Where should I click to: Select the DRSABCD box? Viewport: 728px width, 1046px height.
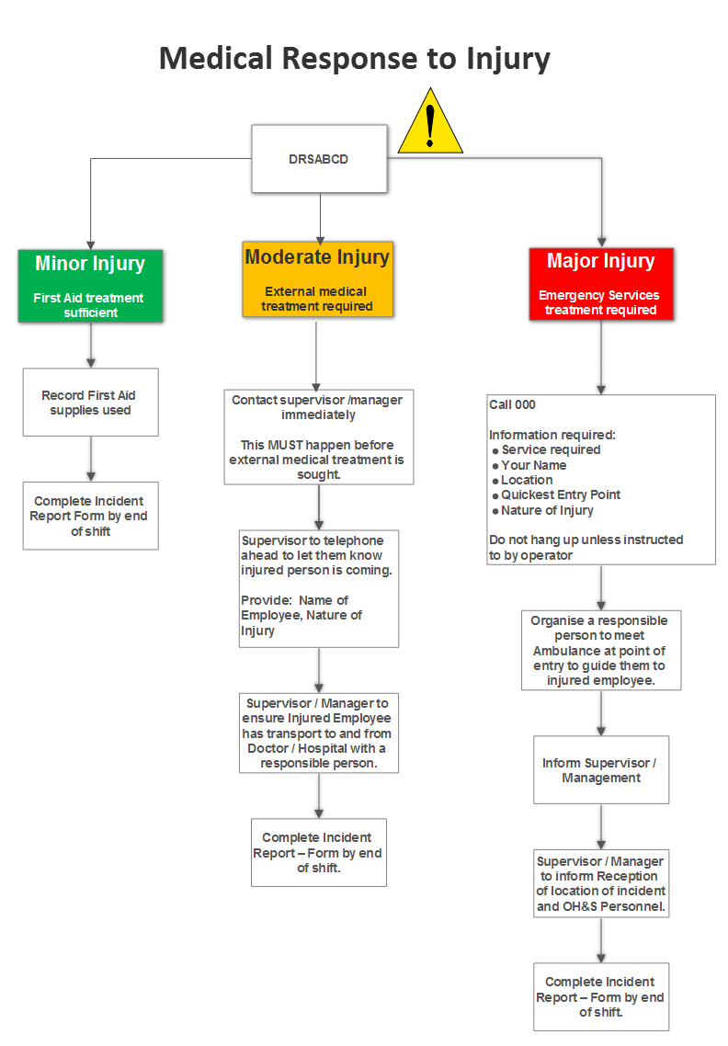tap(319, 159)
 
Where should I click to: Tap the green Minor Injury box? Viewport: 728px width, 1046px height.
tap(90, 286)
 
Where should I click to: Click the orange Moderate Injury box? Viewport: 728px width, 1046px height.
tap(317, 279)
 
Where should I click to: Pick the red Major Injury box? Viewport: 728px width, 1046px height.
tap(601, 284)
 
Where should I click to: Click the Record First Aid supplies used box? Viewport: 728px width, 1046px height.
tap(90, 403)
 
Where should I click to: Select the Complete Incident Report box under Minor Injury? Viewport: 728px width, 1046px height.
tap(90, 516)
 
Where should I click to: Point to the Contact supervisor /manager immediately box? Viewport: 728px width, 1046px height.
tap(318, 437)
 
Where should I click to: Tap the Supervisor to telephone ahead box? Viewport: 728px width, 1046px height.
tap(318, 588)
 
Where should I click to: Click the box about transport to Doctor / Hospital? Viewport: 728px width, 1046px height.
tap(319, 733)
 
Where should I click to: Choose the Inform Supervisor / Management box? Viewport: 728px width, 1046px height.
tap(601, 770)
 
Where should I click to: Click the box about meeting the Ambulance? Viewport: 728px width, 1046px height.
tap(601, 650)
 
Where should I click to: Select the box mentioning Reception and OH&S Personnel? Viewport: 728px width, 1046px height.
tap(601, 883)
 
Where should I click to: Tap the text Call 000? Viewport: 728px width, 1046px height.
tap(512, 404)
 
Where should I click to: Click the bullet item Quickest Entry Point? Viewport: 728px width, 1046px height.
tap(561, 495)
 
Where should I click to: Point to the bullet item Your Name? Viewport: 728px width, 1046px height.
tap(534, 465)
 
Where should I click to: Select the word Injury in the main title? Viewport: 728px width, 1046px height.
tap(507, 59)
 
